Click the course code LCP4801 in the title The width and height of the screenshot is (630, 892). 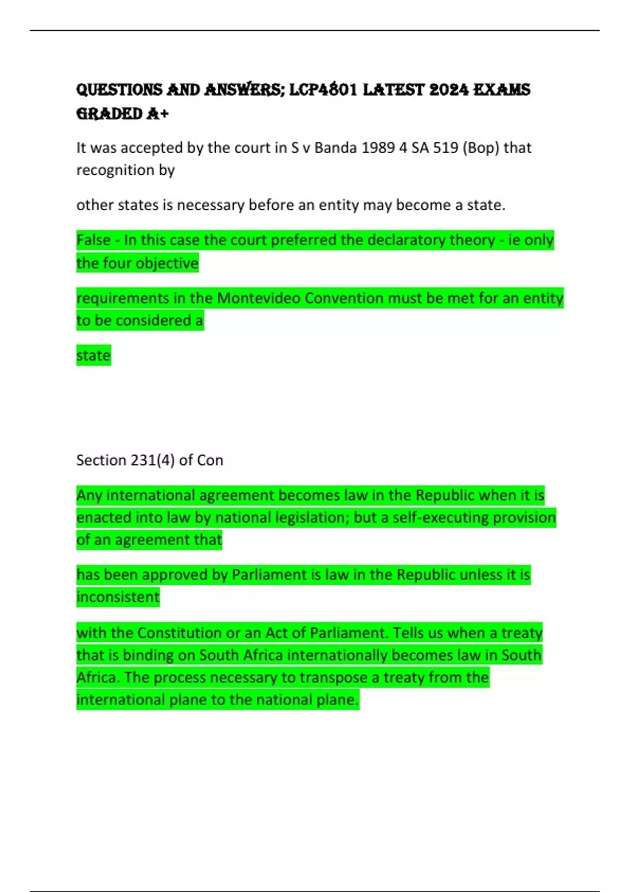tap(323, 90)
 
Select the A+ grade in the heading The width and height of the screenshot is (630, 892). tap(157, 114)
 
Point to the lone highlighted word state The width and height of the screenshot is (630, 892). tap(93, 356)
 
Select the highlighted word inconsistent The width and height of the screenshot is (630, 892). tap(118, 597)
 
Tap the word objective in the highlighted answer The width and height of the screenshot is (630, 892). tap(167, 263)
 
